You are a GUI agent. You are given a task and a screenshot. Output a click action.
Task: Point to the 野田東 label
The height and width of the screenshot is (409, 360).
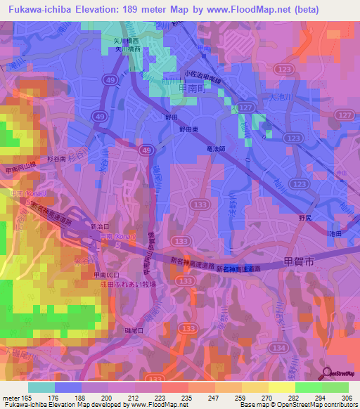(190, 130)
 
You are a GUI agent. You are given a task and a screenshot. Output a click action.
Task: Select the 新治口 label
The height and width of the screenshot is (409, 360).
(101, 226)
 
